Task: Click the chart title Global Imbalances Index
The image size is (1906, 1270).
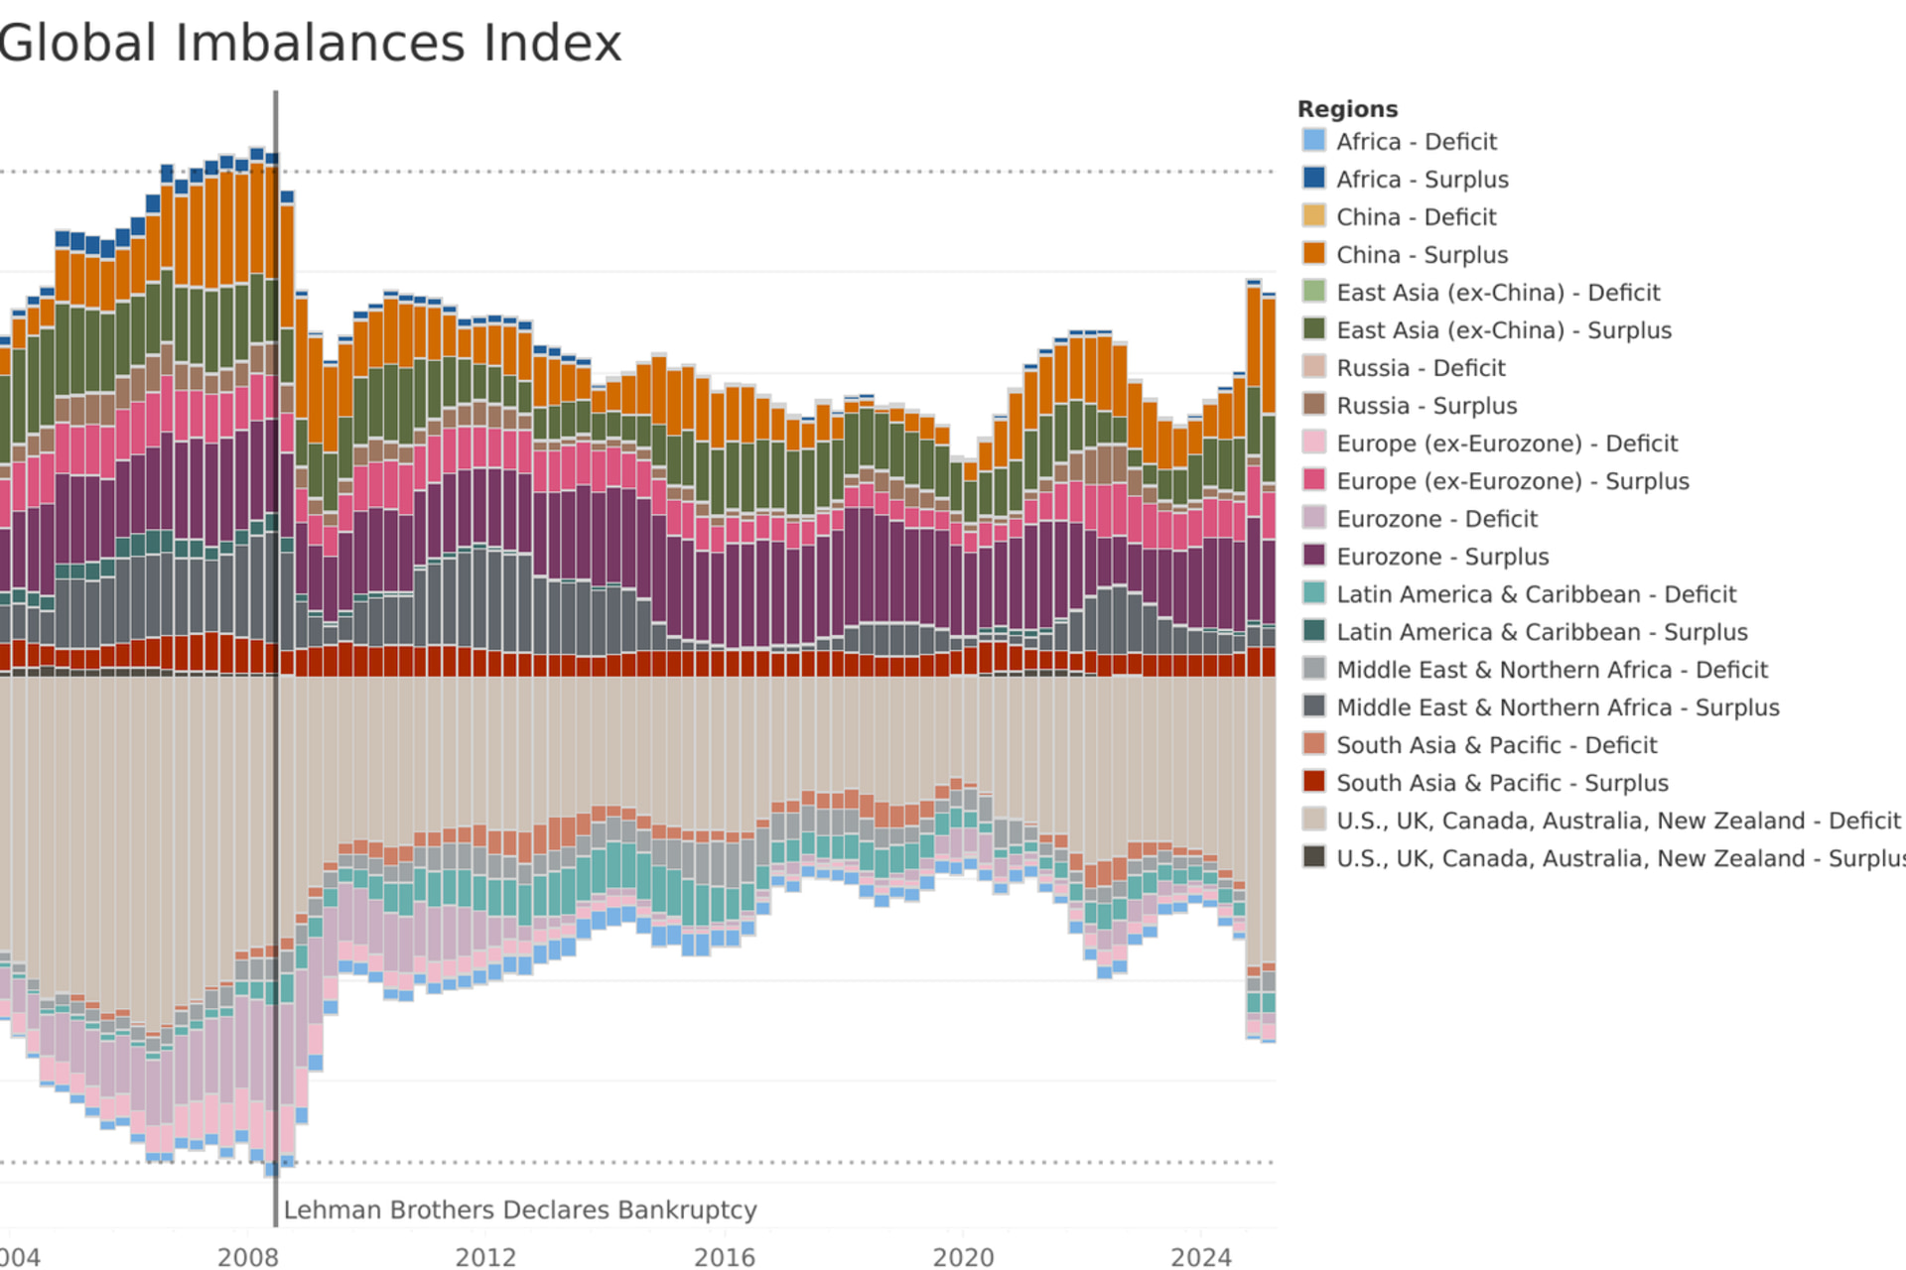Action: pyautogui.click(x=310, y=44)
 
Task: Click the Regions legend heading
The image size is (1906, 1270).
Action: pyautogui.click(x=1347, y=109)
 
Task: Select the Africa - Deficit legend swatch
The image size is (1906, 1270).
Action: pyautogui.click(x=1313, y=140)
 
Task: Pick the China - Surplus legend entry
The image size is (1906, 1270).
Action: pyautogui.click(x=1422, y=255)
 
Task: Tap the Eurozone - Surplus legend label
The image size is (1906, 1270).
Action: pyautogui.click(x=1442, y=557)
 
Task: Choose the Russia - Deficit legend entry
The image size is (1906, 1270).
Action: pyautogui.click(x=1421, y=368)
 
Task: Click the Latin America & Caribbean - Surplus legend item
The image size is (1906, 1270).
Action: pyautogui.click(x=1541, y=632)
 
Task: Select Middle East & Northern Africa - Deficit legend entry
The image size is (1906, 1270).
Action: pyautogui.click(x=1551, y=670)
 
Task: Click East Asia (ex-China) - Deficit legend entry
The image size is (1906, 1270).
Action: pyautogui.click(x=1497, y=293)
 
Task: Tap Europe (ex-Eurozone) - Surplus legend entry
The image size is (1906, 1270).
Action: pyautogui.click(x=1512, y=481)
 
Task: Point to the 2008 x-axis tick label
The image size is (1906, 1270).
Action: pyautogui.click(x=248, y=1257)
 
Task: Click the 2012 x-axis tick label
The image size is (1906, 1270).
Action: pyautogui.click(x=486, y=1257)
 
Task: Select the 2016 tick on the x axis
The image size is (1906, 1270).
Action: pyautogui.click(x=725, y=1257)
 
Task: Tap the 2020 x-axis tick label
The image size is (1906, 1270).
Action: pyautogui.click(x=963, y=1257)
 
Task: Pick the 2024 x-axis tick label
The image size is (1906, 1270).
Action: pyautogui.click(x=1201, y=1257)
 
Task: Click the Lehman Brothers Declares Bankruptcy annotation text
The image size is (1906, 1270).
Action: pyautogui.click(x=520, y=1210)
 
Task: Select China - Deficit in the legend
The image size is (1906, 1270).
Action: pyautogui.click(x=1416, y=217)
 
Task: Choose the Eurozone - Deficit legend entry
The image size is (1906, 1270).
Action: pyautogui.click(x=1436, y=519)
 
